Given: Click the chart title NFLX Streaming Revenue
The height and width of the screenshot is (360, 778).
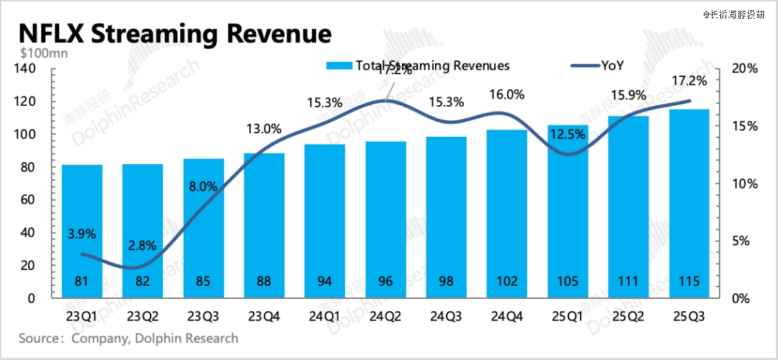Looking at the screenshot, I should [x=174, y=34].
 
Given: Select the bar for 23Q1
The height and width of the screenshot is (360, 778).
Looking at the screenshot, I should [x=81, y=230].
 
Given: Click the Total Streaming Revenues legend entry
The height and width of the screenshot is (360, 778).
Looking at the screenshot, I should [x=418, y=66].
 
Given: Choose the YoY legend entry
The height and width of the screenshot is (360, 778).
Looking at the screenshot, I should [x=597, y=66].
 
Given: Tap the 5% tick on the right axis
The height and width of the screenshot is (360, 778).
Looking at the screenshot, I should [x=740, y=240].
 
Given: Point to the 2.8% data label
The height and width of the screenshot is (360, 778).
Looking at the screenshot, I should [x=143, y=246].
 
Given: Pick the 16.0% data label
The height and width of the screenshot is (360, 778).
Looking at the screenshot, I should [x=506, y=94].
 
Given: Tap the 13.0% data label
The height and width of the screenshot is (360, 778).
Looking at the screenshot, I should [x=264, y=130].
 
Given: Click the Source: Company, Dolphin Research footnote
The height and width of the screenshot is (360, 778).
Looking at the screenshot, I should [x=128, y=338].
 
